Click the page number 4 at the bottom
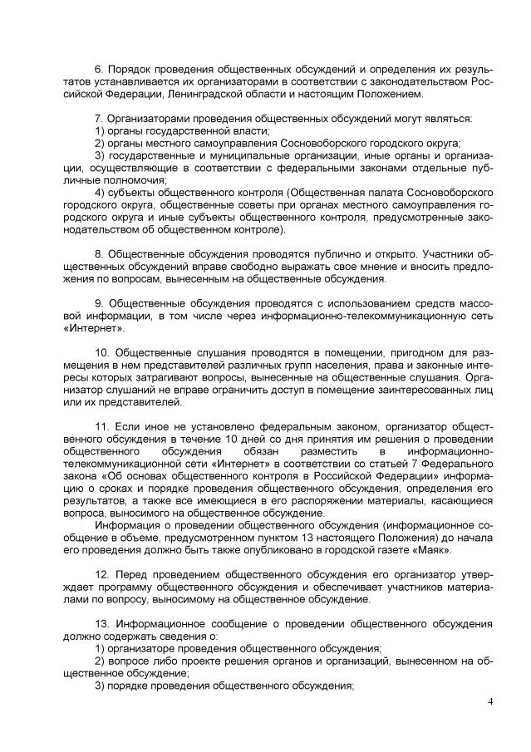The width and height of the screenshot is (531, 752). click(x=490, y=703)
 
